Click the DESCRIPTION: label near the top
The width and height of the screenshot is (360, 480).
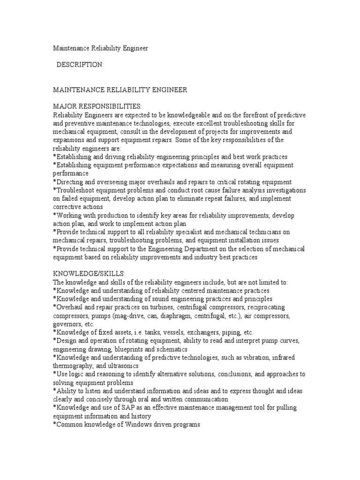(80, 65)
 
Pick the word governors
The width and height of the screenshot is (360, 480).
(67, 324)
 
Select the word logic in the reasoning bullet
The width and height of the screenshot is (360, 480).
(76, 375)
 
